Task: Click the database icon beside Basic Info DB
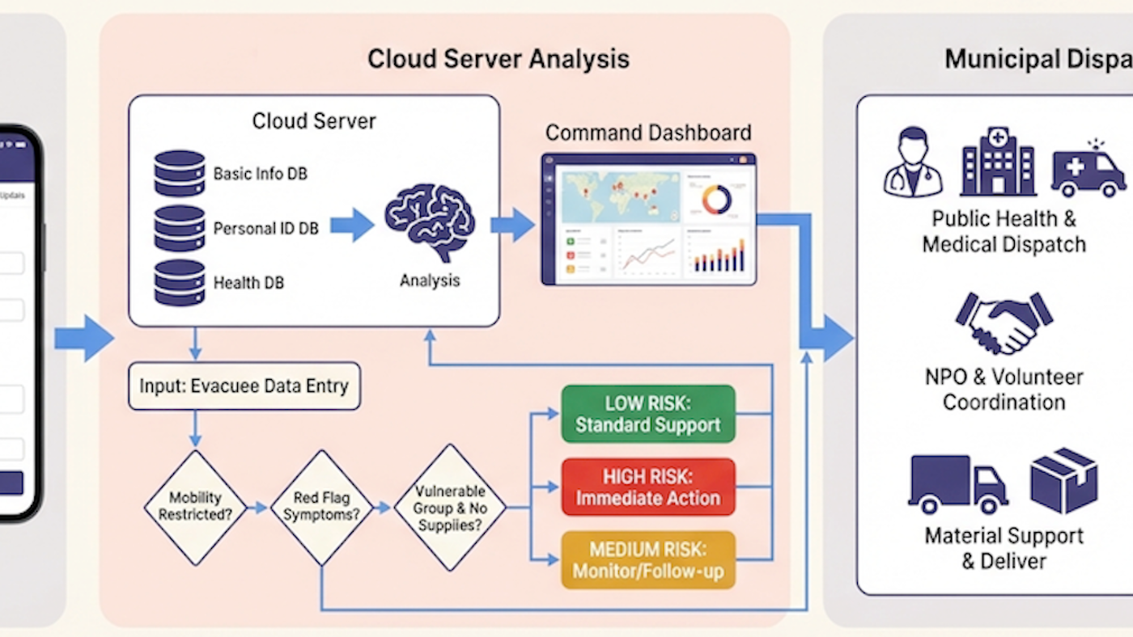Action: click(x=179, y=173)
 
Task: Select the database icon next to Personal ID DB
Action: click(x=179, y=228)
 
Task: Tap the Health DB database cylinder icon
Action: click(x=179, y=282)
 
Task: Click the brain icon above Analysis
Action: click(x=430, y=221)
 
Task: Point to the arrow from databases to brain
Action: click(x=351, y=225)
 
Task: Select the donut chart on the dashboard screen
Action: click(x=716, y=200)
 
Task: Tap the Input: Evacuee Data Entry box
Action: click(x=244, y=386)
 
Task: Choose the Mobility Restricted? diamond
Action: click(x=195, y=507)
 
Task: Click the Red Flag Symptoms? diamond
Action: click(x=321, y=507)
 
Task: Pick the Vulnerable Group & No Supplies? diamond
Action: click(x=449, y=507)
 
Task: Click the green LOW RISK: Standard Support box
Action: click(x=647, y=414)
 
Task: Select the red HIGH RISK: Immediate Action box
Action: click(x=647, y=487)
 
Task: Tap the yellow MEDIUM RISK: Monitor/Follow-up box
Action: click(x=647, y=560)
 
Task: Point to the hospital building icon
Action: click(x=998, y=162)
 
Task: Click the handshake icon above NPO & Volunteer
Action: click(x=1004, y=322)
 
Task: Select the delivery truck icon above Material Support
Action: click(x=957, y=483)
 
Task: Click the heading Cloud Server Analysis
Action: click(x=498, y=59)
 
